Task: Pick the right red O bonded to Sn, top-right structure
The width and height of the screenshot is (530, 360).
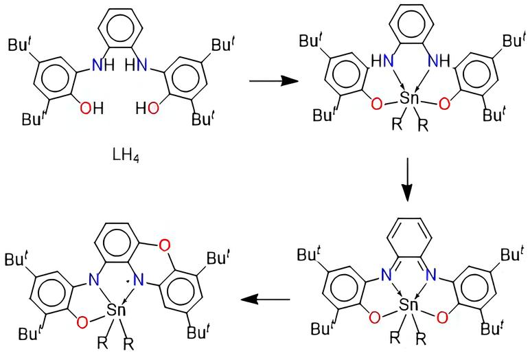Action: [x=445, y=103]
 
